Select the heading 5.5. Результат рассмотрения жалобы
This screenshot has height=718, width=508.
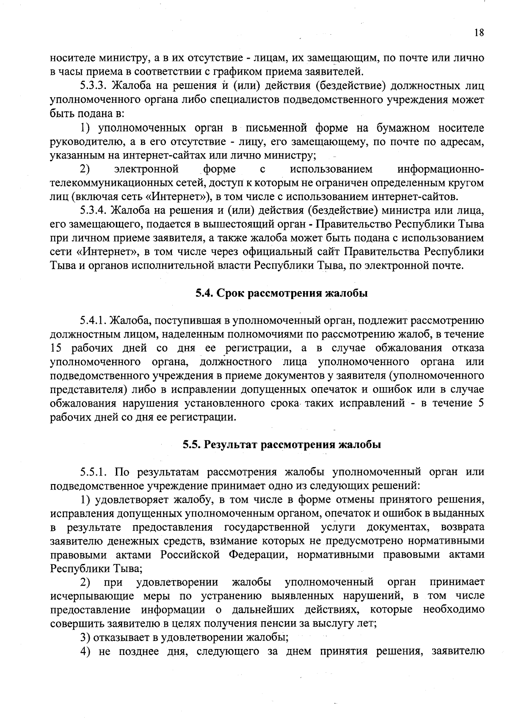click(x=282, y=445)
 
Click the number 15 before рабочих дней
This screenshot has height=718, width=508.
click(x=57, y=348)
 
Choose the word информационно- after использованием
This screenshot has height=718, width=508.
click(x=440, y=169)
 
